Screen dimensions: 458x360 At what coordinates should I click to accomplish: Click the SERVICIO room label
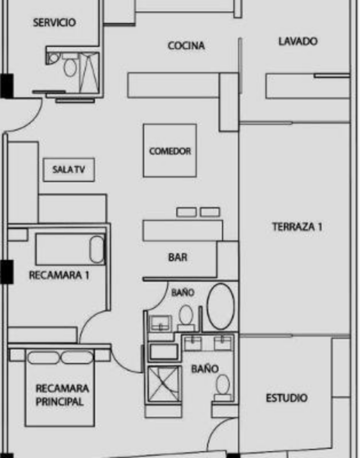click(54, 22)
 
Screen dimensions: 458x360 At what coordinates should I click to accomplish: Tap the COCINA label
click(186, 46)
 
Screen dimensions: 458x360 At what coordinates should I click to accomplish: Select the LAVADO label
click(298, 41)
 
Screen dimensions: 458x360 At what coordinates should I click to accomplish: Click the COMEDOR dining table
click(170, 151)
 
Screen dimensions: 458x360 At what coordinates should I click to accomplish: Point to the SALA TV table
click(69, 169)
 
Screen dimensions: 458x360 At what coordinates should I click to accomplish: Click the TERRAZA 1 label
click(297, 227)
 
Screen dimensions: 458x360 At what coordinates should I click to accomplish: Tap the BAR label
click(178, 257)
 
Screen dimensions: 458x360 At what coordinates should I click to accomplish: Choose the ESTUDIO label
click(286, 398)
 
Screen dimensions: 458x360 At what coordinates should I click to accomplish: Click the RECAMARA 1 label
click(59, 275)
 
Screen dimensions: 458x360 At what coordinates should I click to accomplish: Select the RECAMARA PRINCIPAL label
click(62, 395)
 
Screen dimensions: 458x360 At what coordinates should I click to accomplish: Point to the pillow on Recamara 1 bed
click(97, 249)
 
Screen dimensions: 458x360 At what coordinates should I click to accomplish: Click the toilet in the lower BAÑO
click(223, 386)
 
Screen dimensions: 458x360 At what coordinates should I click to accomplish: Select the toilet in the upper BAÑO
click(186, 316)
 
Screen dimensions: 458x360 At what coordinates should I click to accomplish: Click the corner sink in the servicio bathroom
click(53, 58)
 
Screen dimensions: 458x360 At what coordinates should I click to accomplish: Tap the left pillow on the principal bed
click(43, 357)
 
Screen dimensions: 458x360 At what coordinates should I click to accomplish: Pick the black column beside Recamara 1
click(6, 271)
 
